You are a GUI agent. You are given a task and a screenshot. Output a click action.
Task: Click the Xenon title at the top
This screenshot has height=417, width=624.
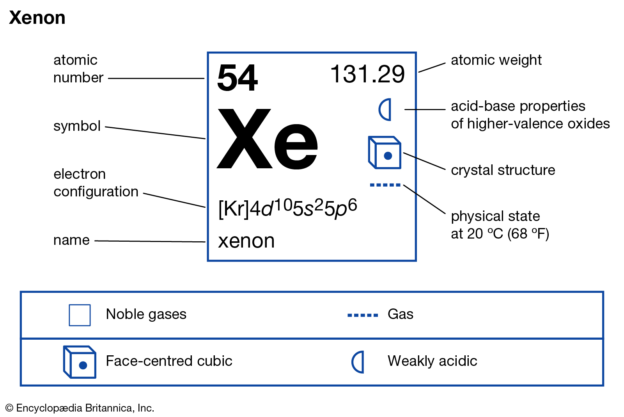(x=37, y=18)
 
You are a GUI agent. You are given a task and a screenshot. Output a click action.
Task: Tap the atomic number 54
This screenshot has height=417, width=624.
(x=238, y=77)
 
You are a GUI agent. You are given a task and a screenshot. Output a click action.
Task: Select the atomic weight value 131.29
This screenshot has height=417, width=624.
(x=367, y=74)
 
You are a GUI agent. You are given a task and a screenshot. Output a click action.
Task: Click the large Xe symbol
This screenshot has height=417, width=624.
(x=268, y=139)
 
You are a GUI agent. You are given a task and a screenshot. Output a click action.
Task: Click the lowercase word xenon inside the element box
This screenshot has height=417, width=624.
(x=246, y=241)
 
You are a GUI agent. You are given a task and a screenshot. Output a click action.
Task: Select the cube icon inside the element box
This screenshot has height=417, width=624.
(x=385, y=152)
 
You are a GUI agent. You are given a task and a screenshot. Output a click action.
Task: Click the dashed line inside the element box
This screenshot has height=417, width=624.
(x=385, y=185)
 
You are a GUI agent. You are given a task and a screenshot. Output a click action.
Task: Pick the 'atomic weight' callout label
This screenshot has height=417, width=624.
(x=496, y=60)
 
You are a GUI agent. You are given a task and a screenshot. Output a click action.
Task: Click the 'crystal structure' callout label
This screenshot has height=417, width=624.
(x=503, y=170)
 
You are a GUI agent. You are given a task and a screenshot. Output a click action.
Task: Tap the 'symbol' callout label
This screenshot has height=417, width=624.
(x=77, y=126)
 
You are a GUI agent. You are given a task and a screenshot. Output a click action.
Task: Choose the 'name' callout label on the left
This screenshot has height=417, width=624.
(x=72, y=240)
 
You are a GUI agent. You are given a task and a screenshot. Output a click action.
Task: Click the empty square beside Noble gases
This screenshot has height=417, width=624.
(x=80, y=315)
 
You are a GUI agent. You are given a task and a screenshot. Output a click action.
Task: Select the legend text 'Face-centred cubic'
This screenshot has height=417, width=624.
(x=169, y=361)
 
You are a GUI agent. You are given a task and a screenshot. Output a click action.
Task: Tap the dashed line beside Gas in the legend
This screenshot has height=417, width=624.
(x=363, y=315)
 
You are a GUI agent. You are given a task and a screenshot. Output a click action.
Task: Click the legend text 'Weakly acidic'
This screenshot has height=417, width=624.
(x=433, y=361)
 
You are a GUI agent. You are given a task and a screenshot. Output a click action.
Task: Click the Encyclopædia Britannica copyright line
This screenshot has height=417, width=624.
(x=80, y=408)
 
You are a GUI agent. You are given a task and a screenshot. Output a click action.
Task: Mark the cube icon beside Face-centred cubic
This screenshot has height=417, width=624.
(x=80, y=362)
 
